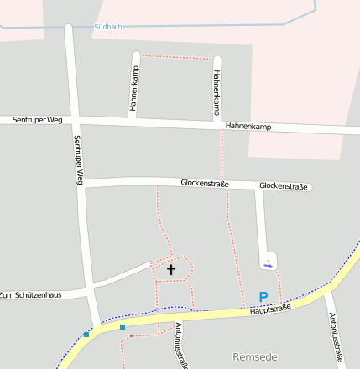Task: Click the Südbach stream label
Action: point(108,27)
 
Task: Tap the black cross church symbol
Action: point(171,269)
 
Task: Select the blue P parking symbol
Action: point(263,297)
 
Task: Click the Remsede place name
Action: point(254,356)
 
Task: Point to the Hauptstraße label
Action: point(269,311)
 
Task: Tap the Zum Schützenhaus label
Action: point(31,295)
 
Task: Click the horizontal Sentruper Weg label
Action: point(38,120)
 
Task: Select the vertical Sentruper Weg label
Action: point(78,159)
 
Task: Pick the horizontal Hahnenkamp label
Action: point(248,126)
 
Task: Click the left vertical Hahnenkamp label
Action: point(134,89)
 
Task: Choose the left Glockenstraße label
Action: point(205,183)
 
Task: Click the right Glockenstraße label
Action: point(284,185)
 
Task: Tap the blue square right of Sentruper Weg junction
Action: point(123,326)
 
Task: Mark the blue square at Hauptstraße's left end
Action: point(86,335)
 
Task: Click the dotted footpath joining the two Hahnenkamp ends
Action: point(176,57)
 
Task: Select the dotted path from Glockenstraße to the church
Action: point(159,218)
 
